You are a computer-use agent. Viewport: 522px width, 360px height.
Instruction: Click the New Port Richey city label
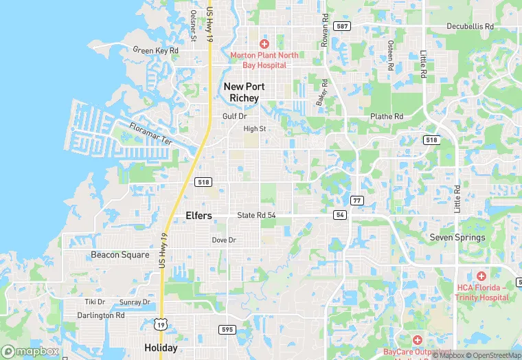(242, 92)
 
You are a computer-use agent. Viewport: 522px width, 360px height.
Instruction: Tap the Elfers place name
(198, 216)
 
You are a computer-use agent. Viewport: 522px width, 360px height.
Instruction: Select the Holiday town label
(161, 348)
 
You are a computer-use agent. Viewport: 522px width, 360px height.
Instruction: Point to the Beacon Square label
(120, 255)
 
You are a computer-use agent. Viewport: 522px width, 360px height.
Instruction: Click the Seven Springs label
(457, 238)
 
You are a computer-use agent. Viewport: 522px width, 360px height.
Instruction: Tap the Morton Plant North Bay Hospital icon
(264, 43)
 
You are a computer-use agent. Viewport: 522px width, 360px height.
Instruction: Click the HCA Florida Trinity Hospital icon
(481, 275)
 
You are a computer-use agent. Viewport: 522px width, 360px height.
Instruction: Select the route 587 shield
(341, 26)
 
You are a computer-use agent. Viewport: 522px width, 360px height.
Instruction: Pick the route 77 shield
(356, 200)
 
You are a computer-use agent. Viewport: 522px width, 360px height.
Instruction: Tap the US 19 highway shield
(159, 324)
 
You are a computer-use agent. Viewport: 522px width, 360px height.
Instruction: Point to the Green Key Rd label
(155, 50)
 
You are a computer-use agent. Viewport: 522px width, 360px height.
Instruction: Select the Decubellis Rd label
(470, 26)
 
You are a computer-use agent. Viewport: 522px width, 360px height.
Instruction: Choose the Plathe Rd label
(387, 117)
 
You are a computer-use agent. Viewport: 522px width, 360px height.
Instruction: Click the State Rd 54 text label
(256, 215)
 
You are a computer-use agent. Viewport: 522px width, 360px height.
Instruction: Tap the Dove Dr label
(224, 240)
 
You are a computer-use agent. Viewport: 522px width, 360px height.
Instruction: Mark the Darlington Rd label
(100, 315)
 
